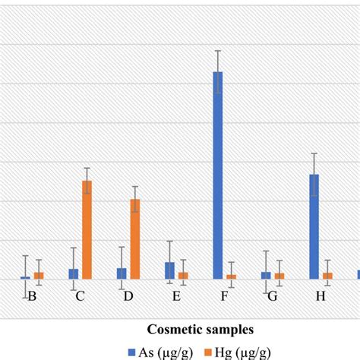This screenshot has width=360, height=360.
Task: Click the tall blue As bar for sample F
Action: [218, 175]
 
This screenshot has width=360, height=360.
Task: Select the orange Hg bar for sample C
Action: [87, 229]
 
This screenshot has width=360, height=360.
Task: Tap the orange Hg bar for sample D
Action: [135, 239]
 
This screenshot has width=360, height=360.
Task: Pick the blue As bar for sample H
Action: [314, 226]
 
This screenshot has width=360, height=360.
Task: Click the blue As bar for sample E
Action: [169, 270]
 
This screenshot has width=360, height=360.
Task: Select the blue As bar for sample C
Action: [74, 274]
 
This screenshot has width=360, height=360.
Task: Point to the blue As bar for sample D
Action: [122, 273]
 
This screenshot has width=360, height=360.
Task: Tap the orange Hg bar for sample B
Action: [39, 276]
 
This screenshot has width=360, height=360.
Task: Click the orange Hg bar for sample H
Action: [327, 276]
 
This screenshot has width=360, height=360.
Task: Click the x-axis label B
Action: [32, 296]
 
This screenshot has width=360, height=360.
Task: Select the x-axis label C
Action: [80, 296]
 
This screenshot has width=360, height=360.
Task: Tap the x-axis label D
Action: [128, 296]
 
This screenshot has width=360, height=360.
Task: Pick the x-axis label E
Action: [176, 296]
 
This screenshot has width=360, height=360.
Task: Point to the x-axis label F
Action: [224, 296]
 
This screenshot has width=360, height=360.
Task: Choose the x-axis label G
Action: [273, 296]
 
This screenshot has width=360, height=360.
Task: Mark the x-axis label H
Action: [321, 296]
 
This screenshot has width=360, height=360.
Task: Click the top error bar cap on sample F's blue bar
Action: [218, 51]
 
